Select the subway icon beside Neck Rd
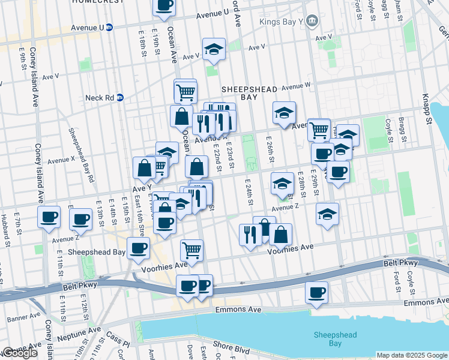119,97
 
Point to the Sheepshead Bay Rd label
80,155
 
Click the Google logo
20,353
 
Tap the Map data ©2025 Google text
412,355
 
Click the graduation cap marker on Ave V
214,51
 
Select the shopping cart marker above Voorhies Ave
191,249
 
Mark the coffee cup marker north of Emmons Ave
316,292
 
